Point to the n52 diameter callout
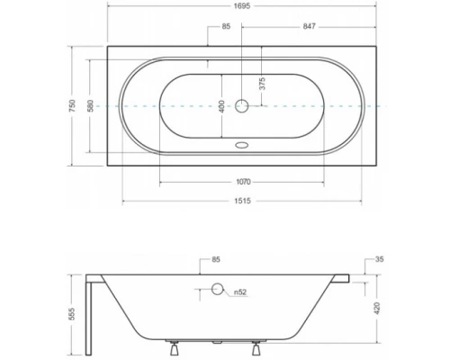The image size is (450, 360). tap(241, 292)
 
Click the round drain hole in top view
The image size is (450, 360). tap(241, 105)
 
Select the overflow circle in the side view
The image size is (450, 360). tap(216, 290)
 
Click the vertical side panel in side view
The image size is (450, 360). tap(92, 314)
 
